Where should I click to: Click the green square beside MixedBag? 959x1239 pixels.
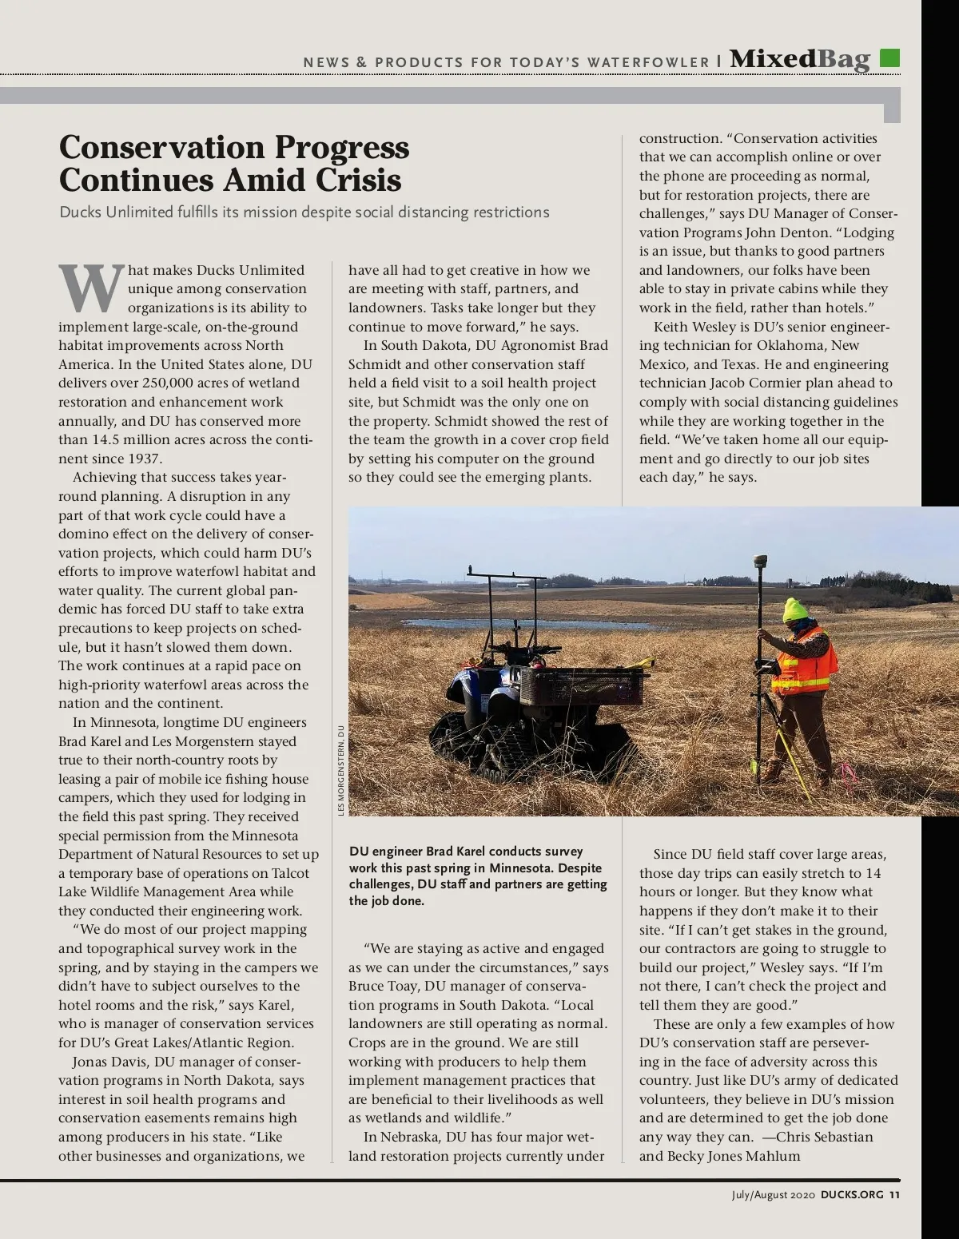(889, 58)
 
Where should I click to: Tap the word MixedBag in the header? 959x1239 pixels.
(799, 59)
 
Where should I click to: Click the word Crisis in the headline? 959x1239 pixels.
(358, 180)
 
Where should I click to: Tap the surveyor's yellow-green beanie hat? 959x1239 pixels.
(796, 611)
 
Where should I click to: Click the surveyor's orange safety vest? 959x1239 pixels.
(804, 660)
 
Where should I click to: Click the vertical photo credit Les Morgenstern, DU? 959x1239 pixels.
(340, 770)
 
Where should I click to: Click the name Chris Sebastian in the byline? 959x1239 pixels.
(825, 1137)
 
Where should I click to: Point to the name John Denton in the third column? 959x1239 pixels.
(789, 232)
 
